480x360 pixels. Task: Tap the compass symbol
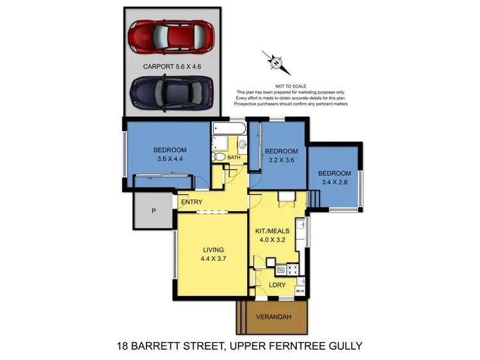coord(276,63)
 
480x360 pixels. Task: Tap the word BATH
coord(234,157)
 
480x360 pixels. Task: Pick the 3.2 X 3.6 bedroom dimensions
coord(279,160)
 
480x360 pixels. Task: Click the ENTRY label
coord(191,203)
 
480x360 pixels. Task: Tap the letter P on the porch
coord(154,211)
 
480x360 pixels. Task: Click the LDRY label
coord(277,285)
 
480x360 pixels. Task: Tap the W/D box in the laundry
coord(300,292)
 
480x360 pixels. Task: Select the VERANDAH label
coord(273,316)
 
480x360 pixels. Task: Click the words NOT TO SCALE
coord(291,86)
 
